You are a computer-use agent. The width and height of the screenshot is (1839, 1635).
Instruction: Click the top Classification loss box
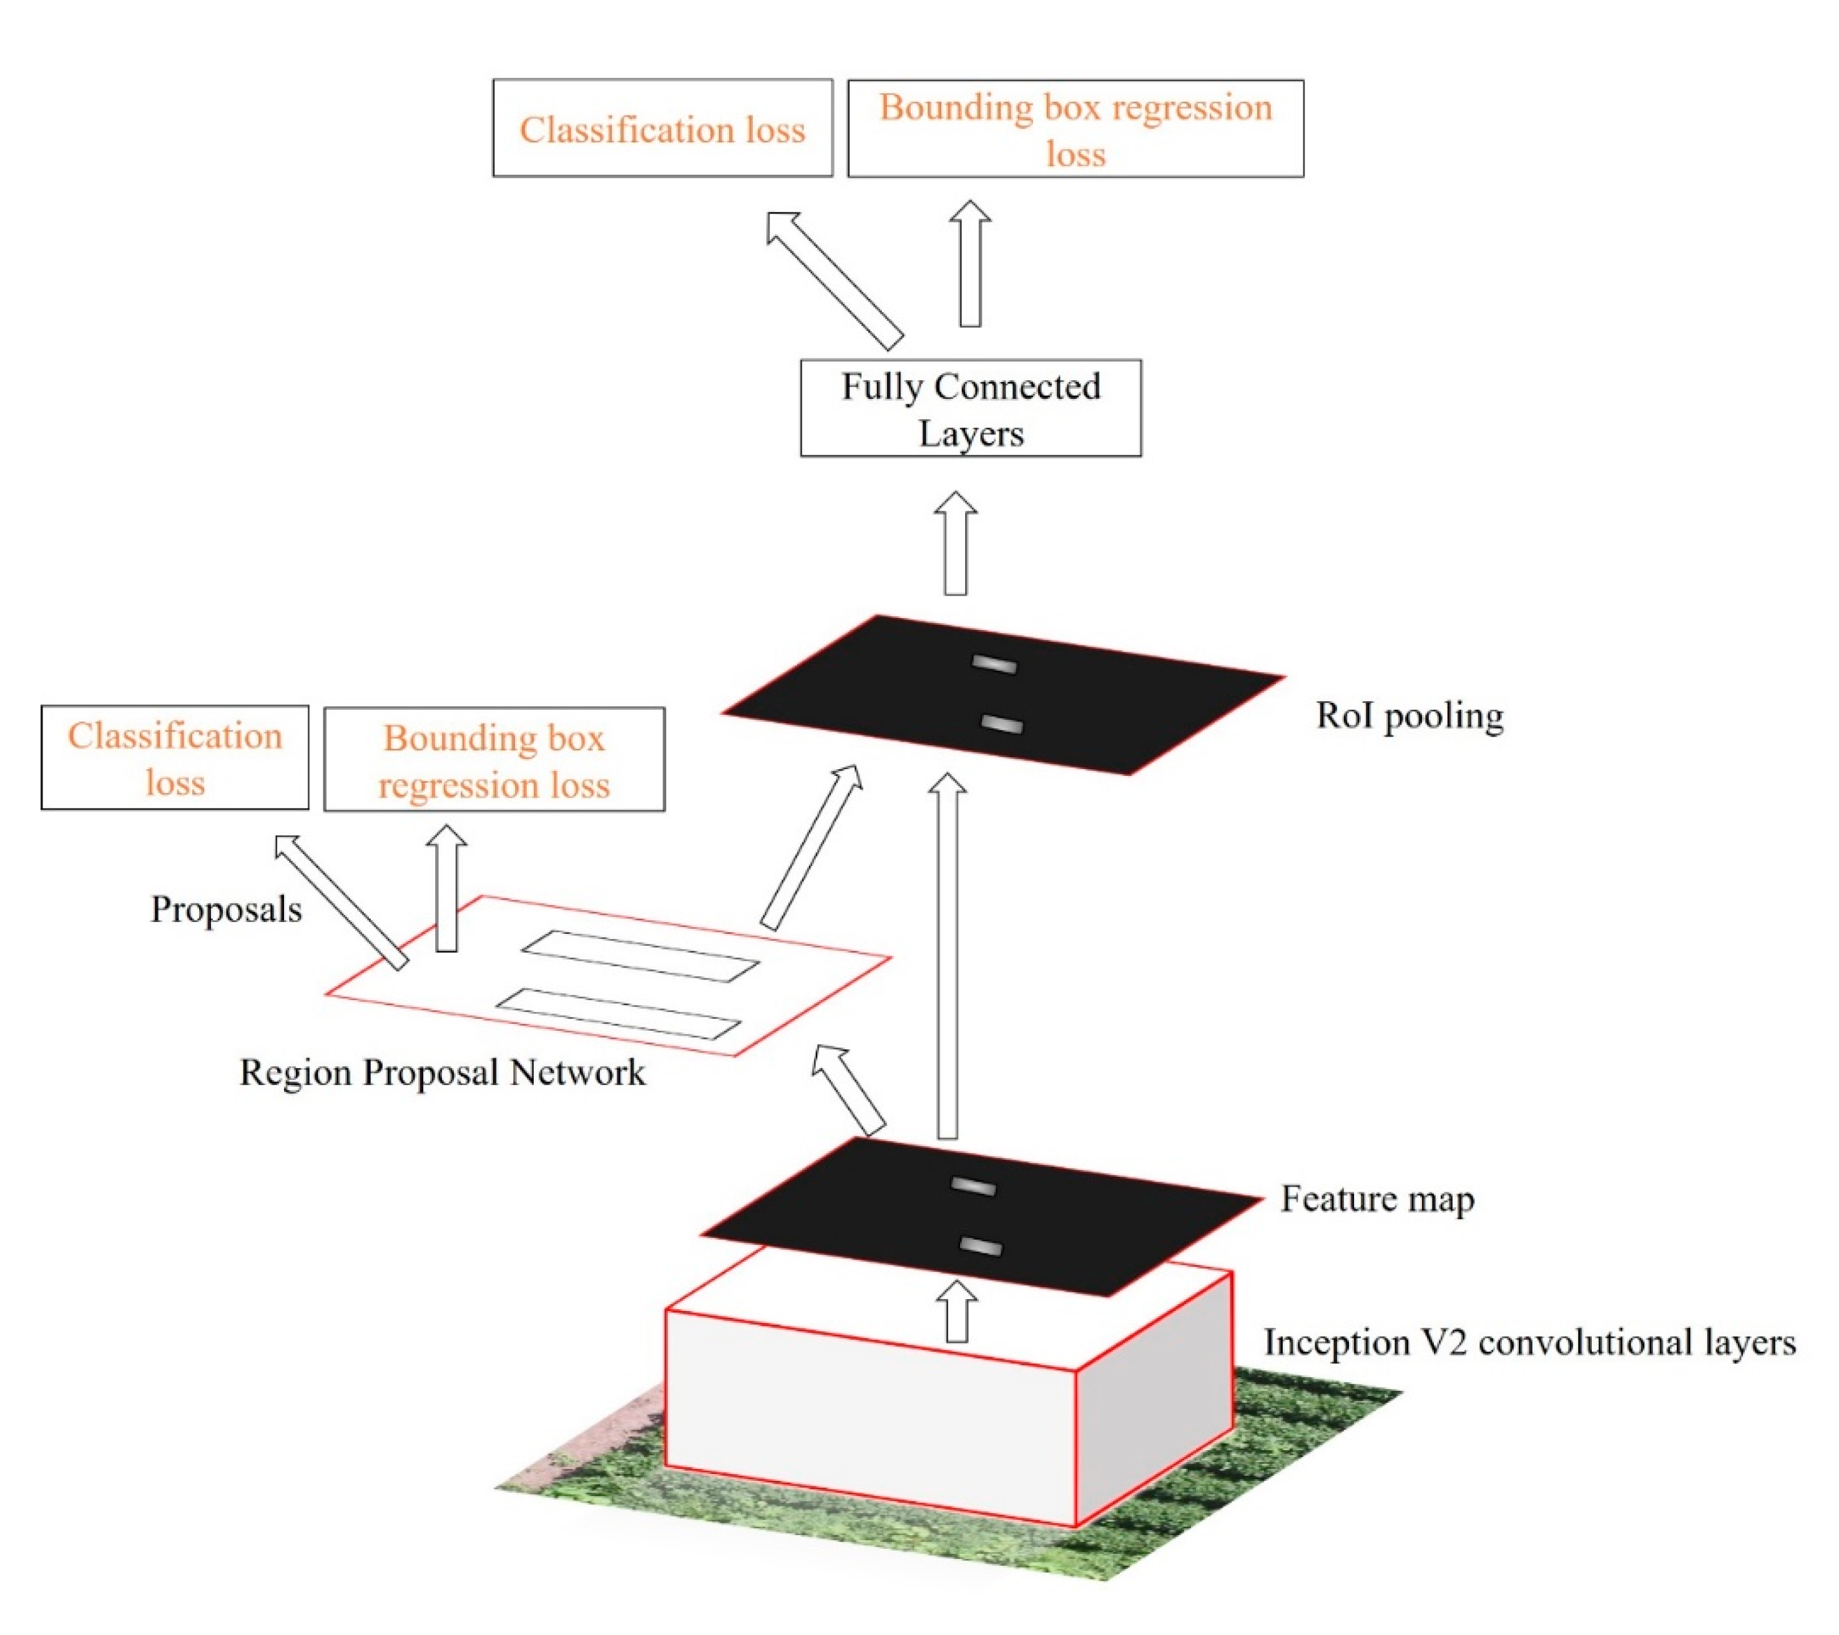(x=662, y=129)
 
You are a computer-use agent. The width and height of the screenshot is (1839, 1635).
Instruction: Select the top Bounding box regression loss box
(x=1075, y=129)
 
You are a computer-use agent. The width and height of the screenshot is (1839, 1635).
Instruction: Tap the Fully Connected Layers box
(x=971, y=408)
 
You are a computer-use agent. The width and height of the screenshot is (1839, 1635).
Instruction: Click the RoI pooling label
(x=1409, y=716)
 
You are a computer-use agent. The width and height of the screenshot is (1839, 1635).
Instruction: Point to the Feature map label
(x=1376, y=1199)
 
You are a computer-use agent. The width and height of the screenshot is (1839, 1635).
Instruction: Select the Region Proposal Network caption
(x=442, y=1073)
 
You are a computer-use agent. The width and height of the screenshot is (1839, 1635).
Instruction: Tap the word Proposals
(x=226, y=909)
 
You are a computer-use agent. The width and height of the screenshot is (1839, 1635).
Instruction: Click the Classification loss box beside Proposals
(x=175, y=758)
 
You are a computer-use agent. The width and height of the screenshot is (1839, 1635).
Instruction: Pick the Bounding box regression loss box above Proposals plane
(x=494, y=760)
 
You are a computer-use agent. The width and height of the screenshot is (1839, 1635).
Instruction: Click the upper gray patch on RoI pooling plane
(x=994, y=665)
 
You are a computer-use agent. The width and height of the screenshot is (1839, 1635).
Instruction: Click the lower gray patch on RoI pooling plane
(x=1001, y=724)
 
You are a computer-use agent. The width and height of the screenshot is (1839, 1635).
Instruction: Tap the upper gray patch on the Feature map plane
(x=973, y=1187)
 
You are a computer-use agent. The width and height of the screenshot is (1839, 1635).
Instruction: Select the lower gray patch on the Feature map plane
(x=981, y=1246)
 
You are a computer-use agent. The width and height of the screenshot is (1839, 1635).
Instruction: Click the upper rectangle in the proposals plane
(x=640, y=956)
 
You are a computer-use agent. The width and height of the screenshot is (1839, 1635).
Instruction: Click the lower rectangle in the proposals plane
(x=618, y=1013)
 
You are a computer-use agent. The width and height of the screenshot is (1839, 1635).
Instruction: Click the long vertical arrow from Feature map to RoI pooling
(x=948, y=958)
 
